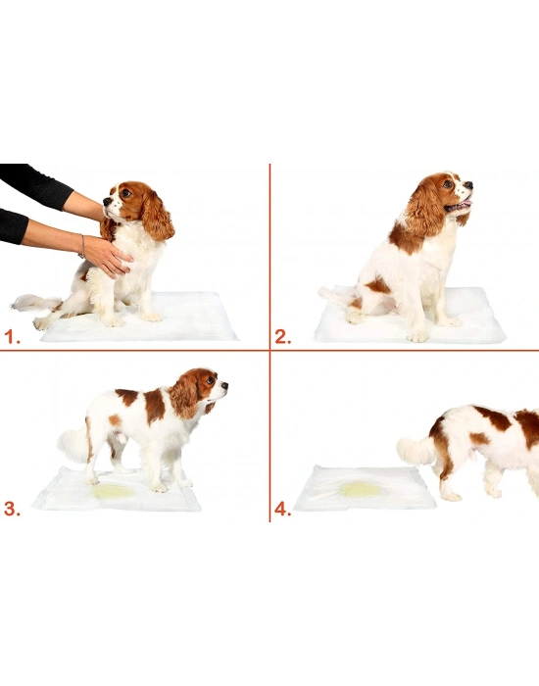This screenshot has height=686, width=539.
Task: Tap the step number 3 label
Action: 13,508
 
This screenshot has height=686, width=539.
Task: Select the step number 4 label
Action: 282,509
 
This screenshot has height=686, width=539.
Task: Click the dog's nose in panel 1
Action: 107,202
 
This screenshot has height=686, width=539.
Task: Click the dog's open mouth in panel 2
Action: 458,207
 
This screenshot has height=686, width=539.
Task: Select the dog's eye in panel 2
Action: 447,183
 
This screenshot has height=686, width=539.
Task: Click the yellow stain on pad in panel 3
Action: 113,491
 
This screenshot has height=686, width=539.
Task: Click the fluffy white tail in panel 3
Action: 73,445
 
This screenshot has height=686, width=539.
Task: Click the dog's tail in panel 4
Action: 416,451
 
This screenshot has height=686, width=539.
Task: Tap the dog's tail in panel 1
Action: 29,301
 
